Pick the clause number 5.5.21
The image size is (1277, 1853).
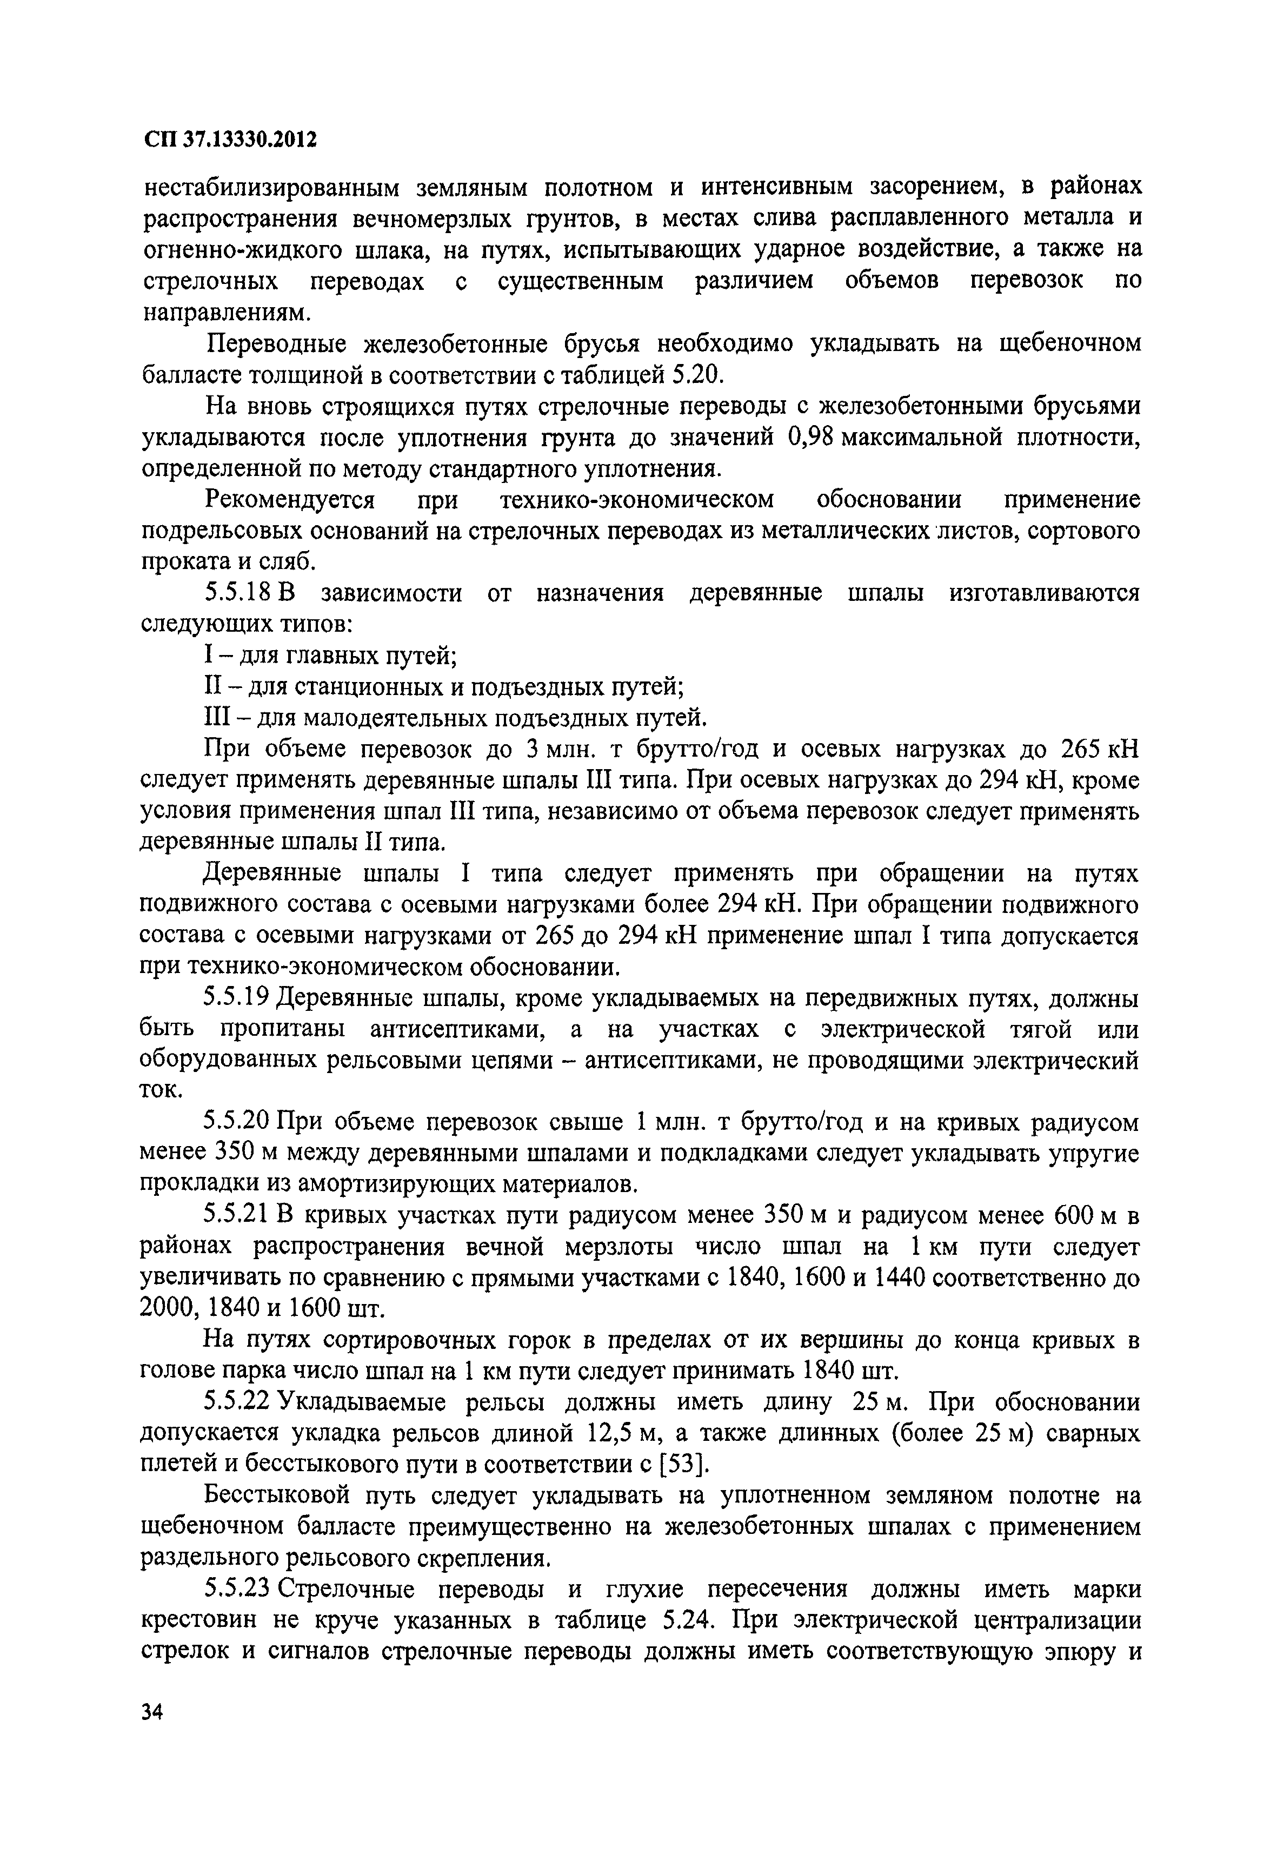click(x=237, y=1216)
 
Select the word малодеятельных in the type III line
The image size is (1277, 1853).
click(x=364, y=717)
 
